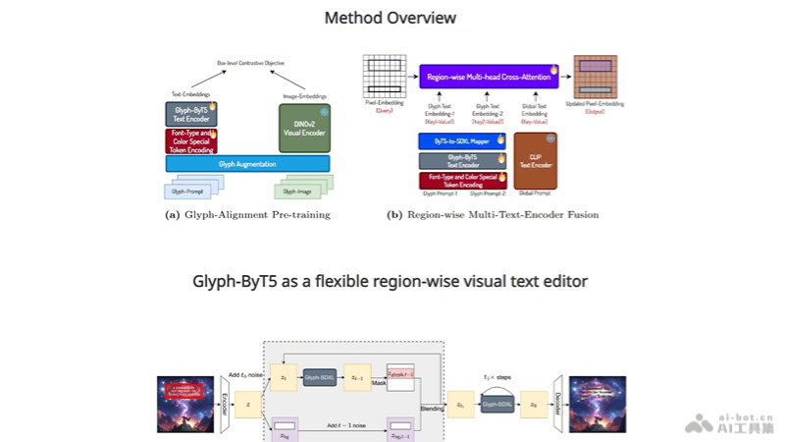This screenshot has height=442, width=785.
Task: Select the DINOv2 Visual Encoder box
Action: coord(304,128)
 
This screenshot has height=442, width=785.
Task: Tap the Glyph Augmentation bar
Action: coord(247,164)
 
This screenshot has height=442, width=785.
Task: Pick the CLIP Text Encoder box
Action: coord(535,160)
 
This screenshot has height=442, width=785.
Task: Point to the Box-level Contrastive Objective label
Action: coord(250,63)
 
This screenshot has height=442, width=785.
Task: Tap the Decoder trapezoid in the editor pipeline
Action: coord(556,402)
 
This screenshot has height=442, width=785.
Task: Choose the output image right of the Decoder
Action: coord(598,403)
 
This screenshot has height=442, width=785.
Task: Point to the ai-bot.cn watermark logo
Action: coord(731,423)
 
